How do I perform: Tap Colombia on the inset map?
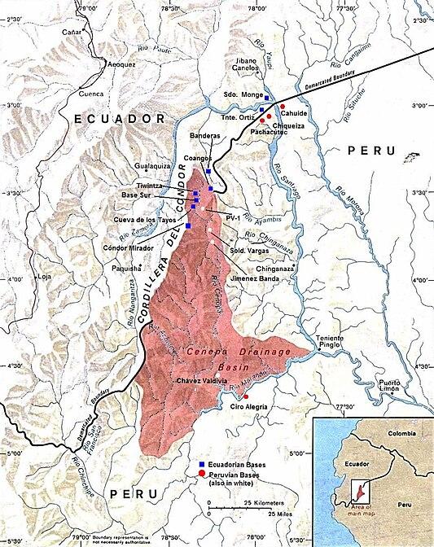(x=400, y=433)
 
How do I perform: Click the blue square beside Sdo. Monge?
(x=266, y=96)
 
